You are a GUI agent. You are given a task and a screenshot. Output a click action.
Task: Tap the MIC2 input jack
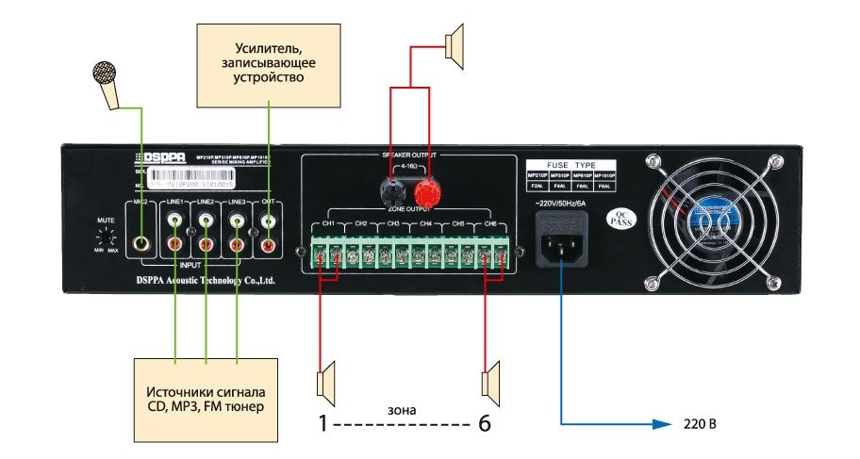coord(142,243)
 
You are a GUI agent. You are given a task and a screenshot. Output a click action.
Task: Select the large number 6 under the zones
coord(485,425)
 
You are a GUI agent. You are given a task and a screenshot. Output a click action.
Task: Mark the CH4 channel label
coord(426,224)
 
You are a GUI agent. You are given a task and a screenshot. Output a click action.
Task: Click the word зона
coord(403,411)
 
